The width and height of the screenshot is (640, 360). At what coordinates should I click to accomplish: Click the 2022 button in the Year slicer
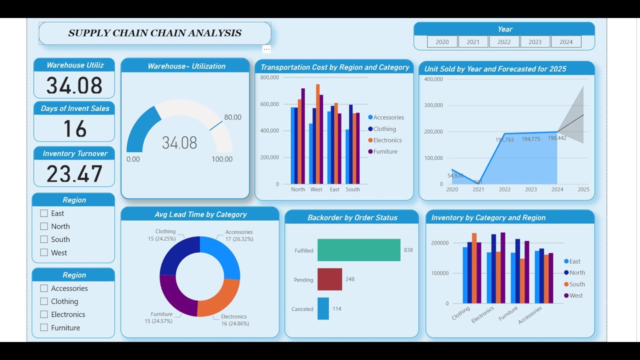coord(504,42)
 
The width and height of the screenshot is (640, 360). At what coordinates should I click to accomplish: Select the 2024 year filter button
coord(566,42)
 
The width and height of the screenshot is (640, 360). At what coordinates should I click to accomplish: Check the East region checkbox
coord(44,213)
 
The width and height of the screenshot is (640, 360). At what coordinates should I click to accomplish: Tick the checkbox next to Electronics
coord(44,314)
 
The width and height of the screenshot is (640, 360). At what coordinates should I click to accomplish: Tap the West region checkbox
coord(44,253)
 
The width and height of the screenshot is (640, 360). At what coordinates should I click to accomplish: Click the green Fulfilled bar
coord(358,250)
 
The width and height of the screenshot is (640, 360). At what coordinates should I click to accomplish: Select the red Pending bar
coord(329,279)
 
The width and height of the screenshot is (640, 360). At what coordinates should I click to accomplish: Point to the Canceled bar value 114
coord(337,309)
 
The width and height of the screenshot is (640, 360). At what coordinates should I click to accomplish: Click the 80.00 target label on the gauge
coord(232,117)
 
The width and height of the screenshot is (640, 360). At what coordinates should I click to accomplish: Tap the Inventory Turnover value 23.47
coord(74,174)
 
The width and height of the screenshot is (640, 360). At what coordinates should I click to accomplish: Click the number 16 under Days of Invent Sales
coord(74,129)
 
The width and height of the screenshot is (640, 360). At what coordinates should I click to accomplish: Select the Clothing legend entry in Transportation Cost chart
coord(384,129)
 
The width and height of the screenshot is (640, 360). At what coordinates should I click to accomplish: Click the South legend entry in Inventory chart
coord(576,284)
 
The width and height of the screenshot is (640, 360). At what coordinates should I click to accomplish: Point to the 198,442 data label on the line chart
coord(557,138)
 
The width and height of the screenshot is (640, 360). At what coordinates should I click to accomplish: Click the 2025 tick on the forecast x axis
coord(583,189)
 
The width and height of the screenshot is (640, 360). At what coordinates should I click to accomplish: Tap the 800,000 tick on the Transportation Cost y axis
coord(269,77)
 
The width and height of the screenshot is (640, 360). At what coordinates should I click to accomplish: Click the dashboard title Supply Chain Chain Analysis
coord(154,33)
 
